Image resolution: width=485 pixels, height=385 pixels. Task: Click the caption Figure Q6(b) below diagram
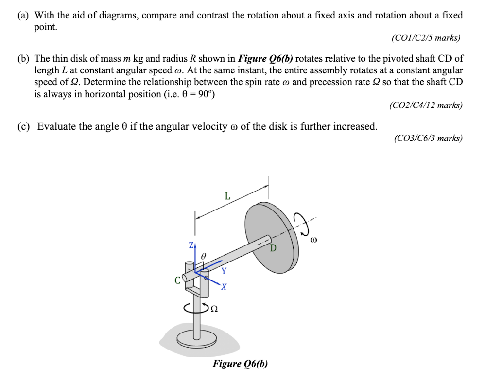(240, 364)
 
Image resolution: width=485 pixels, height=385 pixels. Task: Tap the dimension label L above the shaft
(227, 196)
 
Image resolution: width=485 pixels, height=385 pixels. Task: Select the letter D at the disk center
(273, 248)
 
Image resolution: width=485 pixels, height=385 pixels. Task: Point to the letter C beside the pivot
(178, 280)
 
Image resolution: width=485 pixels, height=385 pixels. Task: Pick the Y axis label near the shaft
(224, 271)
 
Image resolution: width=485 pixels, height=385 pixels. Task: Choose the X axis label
(224, 287)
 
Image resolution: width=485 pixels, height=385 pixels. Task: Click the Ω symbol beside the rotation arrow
(214, 308)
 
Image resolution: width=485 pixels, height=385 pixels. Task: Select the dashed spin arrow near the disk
(304, 224)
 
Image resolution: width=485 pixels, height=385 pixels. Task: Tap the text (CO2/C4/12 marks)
(426, 105)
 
